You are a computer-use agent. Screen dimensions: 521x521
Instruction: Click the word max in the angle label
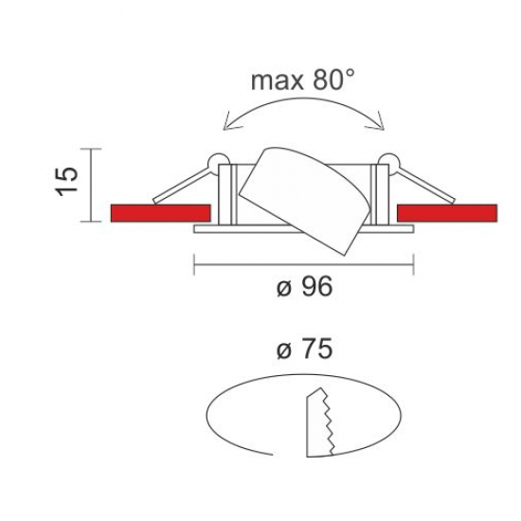pyautogui.click(x=277, y=81)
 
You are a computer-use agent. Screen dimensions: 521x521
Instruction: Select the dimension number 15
pyautogui.click(x=67, y=182)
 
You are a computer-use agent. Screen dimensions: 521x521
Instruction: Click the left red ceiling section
pyautogui.click(x=160, y=213)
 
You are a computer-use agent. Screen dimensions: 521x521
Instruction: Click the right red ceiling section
pyautogui.click(x=447, y=213)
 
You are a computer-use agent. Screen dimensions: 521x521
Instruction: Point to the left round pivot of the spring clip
pyautogui.click(x=218, y=163)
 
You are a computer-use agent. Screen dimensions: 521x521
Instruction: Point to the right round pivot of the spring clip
pyautogui.click(x=389, y=163)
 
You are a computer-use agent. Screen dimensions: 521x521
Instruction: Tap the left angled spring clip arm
pyautogui.click(x=182, y=187)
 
